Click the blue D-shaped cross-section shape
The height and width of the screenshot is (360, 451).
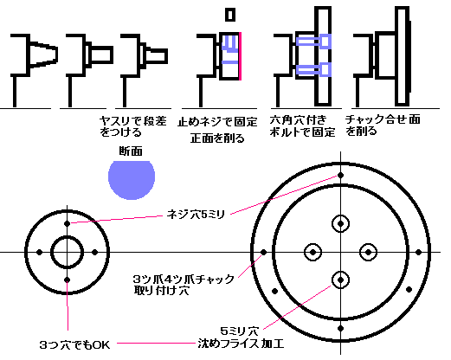[x=132, y=179]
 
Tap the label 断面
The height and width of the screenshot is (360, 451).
[x=131, y=151]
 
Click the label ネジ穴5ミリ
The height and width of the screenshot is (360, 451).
[x=196, y=215]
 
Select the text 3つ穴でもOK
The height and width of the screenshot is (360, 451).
[x=74, y=344]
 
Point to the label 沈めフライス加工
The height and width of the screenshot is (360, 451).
[x=241, y=344]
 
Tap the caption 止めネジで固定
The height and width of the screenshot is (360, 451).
[x=217, y=122]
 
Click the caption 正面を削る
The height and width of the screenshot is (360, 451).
[x=217, y=138]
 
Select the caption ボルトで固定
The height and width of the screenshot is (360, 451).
[x=302, y=132]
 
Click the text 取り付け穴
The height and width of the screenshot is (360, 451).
[x=162, y=290]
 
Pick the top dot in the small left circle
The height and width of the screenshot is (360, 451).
[x=68, y=223]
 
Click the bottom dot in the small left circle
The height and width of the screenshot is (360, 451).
[x=68, y=280]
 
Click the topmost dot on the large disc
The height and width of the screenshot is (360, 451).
[x=340, y=175]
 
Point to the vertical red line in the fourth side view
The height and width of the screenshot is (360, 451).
[x=240, y=56]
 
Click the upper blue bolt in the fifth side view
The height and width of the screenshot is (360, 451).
[x=313, y=42]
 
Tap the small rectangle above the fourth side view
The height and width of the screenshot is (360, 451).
[x=230, y=15]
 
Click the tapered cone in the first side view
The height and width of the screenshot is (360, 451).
[x=43, y=55]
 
